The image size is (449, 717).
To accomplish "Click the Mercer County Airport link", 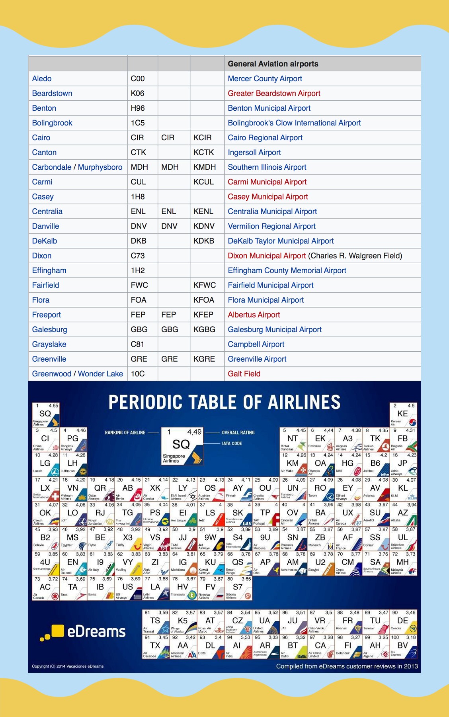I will [x=265, y=79].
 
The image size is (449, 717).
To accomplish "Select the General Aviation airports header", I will [x=273, y=64].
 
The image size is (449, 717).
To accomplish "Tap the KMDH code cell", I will [x=205, y=167].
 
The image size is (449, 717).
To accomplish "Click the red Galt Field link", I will [x=244, y=374].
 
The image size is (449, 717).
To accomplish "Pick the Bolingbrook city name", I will [x=52, y=123].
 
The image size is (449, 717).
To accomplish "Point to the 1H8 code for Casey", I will [x=138, y=197].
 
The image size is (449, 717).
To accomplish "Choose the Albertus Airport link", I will [x=254, y=315].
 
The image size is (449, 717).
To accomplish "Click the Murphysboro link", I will [x=100, y=167].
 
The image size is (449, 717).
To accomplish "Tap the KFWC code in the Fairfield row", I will [x=205, y=285].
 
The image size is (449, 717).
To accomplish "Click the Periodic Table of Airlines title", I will [x=224, y=402].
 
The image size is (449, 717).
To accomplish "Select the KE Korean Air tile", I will [x=403, y=415].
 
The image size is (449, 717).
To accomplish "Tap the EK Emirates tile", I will [x=321, y=439].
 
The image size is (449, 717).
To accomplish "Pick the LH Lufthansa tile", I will [x=73, y=464].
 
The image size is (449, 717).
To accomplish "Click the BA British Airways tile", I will [x=321, y=514].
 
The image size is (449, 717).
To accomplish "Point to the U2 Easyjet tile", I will [x=321, y=563].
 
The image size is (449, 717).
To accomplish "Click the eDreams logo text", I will [x=96, y=632].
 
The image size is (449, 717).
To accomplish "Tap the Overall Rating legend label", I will [x=238, y=433].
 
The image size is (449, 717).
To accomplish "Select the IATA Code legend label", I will [x=232, y=443].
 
